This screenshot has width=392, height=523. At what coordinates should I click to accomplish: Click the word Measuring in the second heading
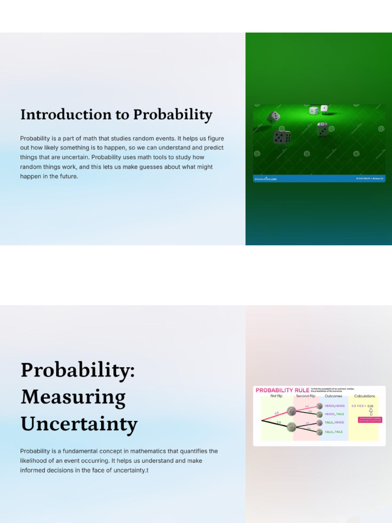73,397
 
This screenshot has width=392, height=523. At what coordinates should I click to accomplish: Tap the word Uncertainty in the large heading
79,424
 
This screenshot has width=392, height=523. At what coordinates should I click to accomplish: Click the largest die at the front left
282,136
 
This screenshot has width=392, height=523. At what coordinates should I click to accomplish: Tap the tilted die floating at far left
274,117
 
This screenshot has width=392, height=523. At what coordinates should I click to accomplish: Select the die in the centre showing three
322,129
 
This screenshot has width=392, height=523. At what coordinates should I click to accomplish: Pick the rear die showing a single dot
324,108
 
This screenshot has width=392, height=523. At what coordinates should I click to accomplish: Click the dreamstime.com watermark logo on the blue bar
265,179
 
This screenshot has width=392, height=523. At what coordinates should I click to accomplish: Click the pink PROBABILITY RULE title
282,390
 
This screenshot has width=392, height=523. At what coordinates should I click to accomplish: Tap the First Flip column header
277,396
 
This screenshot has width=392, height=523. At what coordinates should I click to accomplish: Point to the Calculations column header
364,396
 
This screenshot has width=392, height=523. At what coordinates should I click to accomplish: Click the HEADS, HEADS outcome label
334,406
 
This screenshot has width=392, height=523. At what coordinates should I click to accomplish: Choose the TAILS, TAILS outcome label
333,432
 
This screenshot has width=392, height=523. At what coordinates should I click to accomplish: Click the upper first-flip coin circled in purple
291,411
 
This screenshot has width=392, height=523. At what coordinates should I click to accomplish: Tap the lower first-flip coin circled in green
291,427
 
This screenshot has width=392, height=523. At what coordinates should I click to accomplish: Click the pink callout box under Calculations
370,419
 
